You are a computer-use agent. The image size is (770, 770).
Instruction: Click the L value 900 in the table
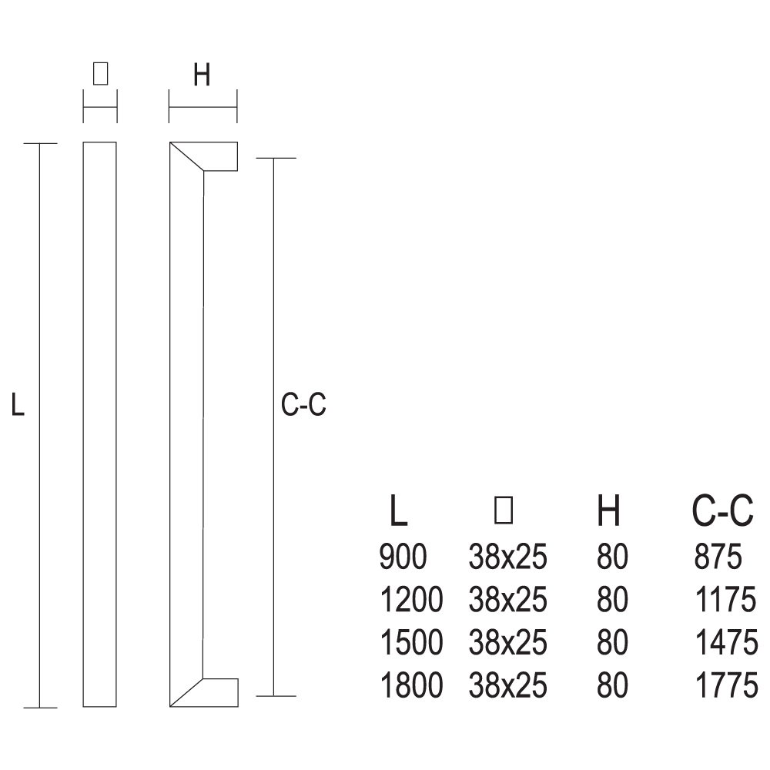(x=403, y=557)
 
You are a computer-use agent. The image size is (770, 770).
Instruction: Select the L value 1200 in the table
(x=411, y=600)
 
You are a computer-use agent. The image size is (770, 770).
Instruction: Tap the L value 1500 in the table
(x=411, y=642)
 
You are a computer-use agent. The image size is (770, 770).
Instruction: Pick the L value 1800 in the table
(x=411, y=685)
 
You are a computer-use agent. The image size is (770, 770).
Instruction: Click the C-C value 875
(x=718, y=557)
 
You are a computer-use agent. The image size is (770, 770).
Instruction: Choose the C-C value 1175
(x=726, y=600)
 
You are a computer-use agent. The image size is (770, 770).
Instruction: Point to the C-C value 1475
(x=726, y=642)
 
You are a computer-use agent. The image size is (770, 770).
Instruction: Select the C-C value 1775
(x=726, y=685)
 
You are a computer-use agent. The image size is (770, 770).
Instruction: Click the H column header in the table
(x=608, y=511)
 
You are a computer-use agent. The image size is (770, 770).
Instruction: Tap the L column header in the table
(x=398, y=511)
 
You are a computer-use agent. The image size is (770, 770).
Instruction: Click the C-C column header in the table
(x=722, y=511)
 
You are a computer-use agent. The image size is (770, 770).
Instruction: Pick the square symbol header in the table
(x=504, y=510)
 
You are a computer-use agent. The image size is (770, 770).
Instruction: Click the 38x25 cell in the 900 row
(x=507, y=557)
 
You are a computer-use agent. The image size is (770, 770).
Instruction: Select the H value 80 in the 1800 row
(x=612, y=685)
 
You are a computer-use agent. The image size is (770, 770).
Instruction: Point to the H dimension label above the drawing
(x=202, y=75)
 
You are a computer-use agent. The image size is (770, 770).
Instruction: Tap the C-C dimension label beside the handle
(x=303, y=405)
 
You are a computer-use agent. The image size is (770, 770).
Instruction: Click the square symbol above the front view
(x=100, y=75)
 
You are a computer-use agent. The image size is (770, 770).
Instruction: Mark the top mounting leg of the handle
(x=220, y=156)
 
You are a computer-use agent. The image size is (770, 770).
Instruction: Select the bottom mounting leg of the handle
(x=220, y=692)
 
